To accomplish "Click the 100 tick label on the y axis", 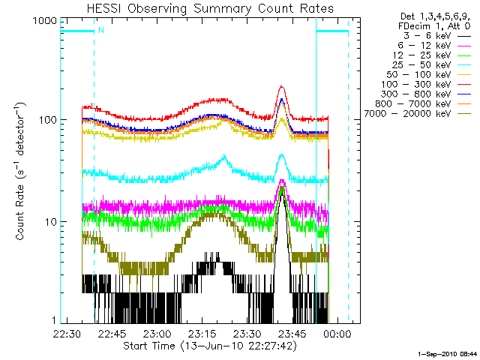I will coord(40,120).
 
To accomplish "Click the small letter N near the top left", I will coord(100,31).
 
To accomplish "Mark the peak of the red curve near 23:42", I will coord(281,86).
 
